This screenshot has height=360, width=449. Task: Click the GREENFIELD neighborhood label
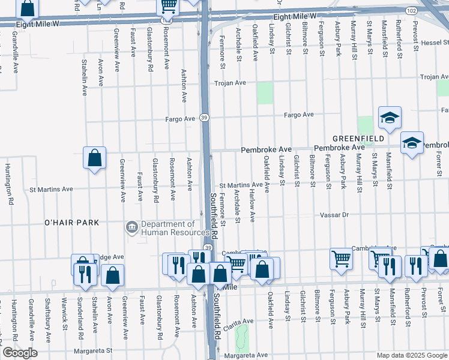(359, 139)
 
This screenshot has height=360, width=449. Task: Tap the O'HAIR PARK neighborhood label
(71, 223)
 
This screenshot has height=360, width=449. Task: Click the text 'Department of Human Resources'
(170, 229)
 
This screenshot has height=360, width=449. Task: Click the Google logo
(20, 353)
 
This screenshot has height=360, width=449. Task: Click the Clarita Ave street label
(238, 325)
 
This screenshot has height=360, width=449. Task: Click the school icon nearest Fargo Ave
(389, 118)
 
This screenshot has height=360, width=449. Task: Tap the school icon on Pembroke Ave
(412, 143)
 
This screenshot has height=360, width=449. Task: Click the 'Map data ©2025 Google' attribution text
(412, 355)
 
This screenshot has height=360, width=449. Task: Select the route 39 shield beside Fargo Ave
(205, 118)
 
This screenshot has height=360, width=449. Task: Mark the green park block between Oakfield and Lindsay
(265, 93)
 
